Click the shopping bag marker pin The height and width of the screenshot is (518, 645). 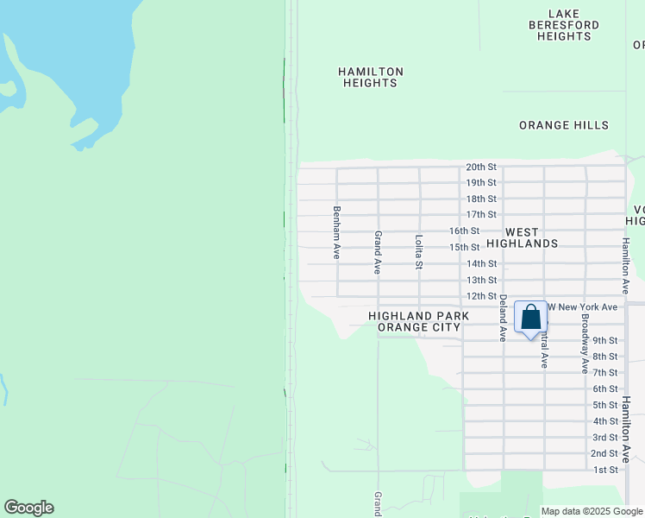click(x=531, y=318)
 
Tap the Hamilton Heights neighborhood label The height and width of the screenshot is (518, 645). click(x=371, y=77)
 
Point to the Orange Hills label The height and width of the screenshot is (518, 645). click(x=564, y=125)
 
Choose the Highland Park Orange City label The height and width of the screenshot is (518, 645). click(x=419, y=322)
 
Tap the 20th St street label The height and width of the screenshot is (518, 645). click(x=481, y=167)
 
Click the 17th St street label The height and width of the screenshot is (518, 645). click(x=481, y=214)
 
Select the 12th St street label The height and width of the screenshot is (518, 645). click(x=481, y=296)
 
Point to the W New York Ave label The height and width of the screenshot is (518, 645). click(x=584, y=307)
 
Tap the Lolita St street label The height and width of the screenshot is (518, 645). click(x=418, y=252)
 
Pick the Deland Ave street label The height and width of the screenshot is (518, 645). click(x=502, y=318)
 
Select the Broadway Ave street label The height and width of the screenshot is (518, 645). click(x=585, y=344)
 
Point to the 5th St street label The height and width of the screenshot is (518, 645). click(x=605, y=405)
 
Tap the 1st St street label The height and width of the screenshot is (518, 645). click(x=605, y=470)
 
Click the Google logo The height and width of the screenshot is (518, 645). click(x=28, y=508)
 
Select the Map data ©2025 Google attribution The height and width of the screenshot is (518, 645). click(x=592, y=511)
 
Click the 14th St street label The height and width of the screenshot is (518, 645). click(x=481, y=263)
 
